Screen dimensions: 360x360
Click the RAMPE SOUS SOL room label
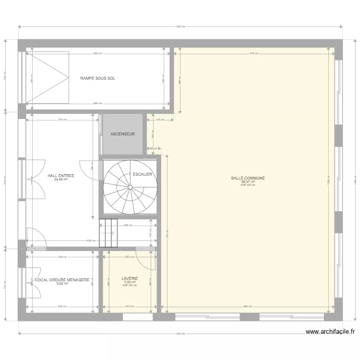98,78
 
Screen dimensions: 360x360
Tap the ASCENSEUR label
122,134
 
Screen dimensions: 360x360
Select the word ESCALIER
142,174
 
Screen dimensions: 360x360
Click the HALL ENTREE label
61,176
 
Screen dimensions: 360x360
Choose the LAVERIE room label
130,278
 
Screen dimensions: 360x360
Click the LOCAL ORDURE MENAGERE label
62,279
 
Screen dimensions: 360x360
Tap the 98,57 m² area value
248,182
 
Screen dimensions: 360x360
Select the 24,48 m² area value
61,180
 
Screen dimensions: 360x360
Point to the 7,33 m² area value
130,282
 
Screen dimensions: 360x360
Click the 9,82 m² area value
62,283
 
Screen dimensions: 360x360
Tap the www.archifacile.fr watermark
330,331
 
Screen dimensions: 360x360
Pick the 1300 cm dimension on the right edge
355,180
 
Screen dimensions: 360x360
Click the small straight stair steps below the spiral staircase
108,233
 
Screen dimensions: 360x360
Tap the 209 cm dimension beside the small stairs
128,225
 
